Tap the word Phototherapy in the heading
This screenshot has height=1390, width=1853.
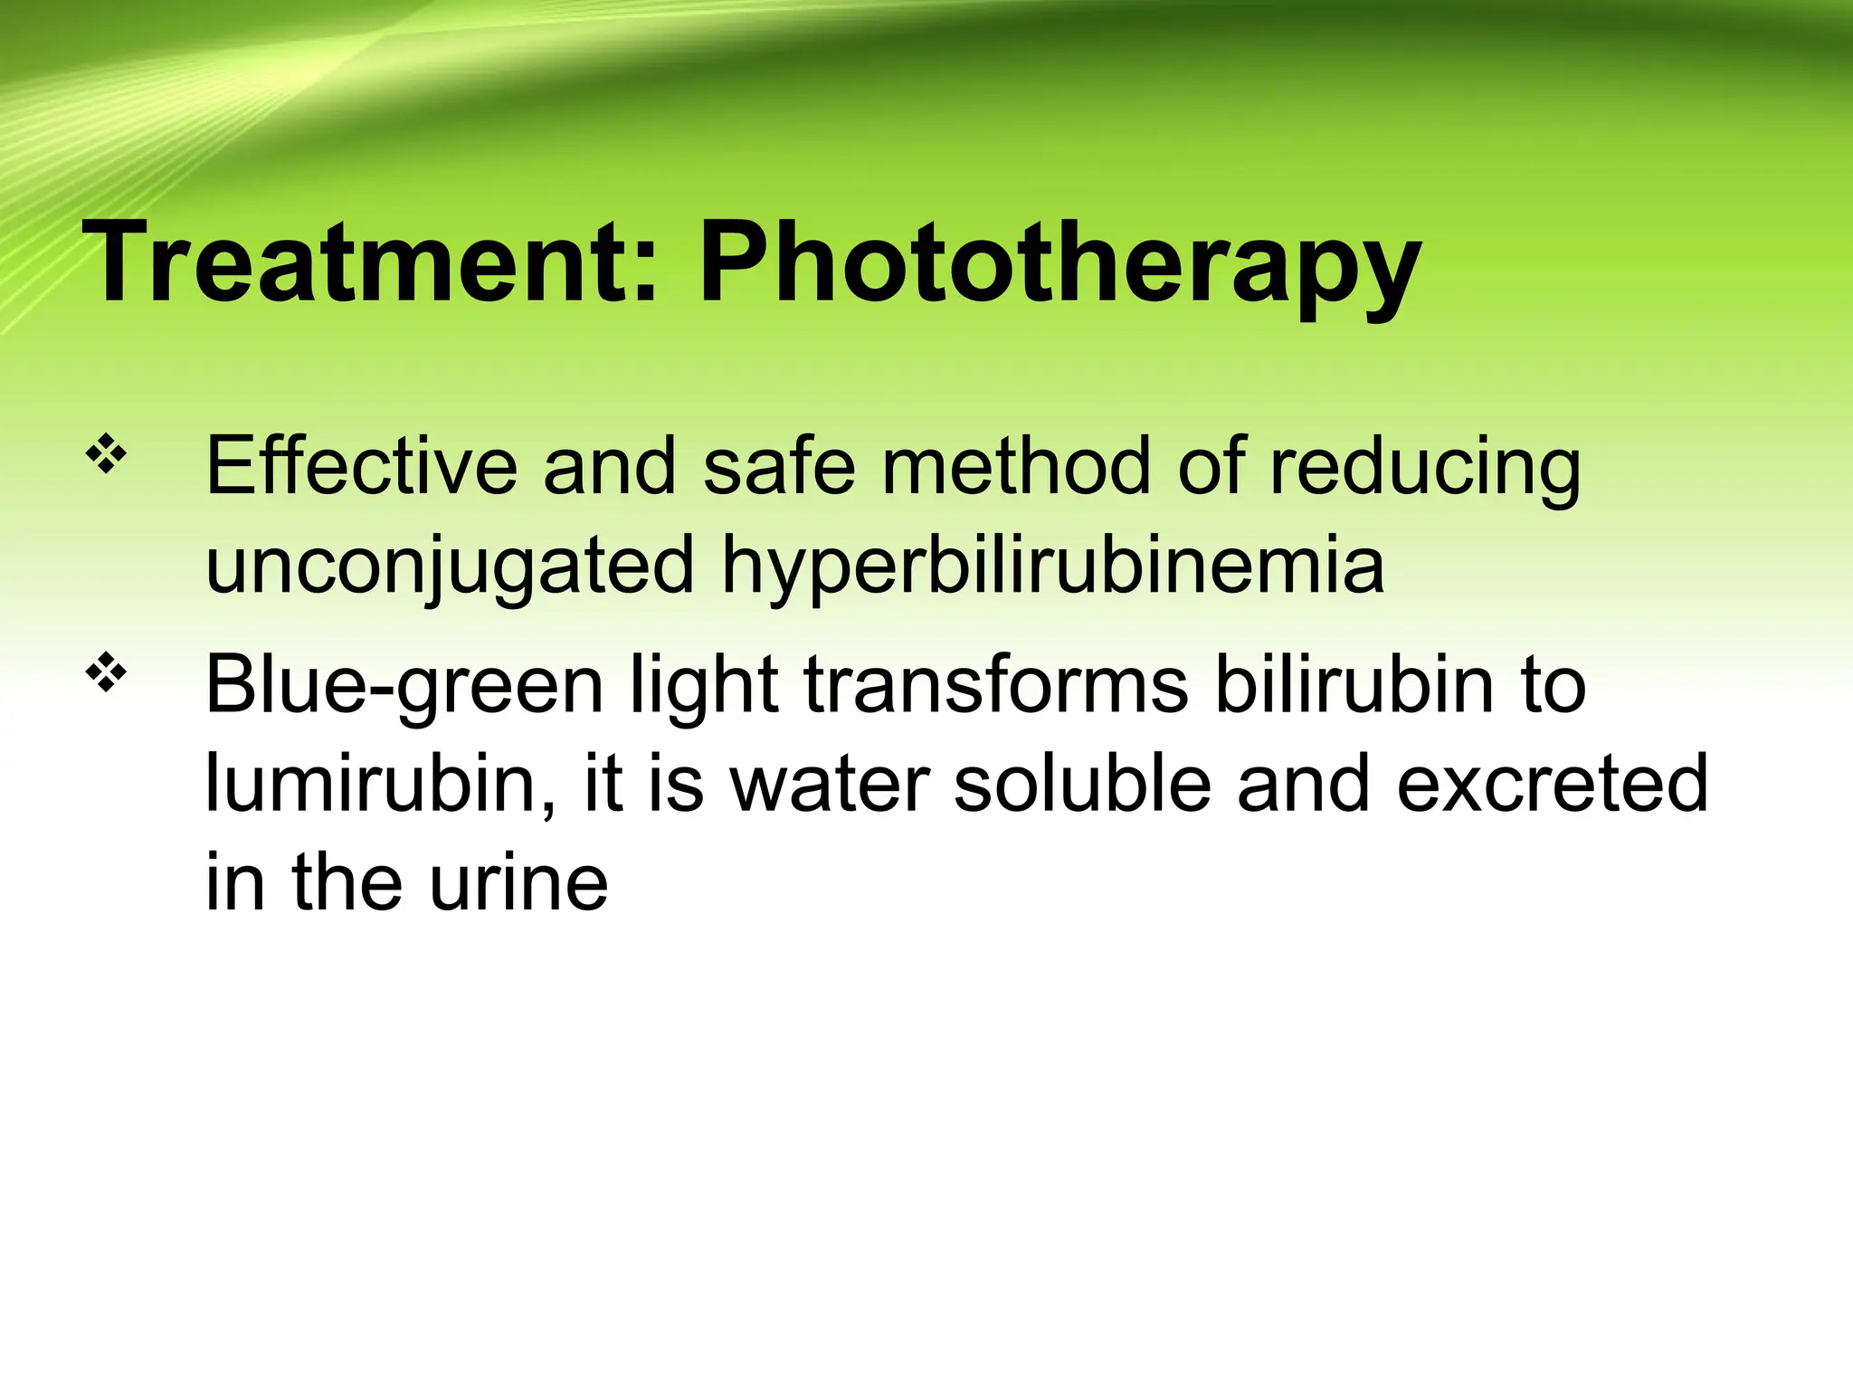click(x=1060, y=264)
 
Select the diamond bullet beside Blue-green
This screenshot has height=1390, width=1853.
click(x=106, y=673)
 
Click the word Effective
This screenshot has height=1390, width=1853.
click(x=361, y=467)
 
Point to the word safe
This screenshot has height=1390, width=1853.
click(x=778, y=467)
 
